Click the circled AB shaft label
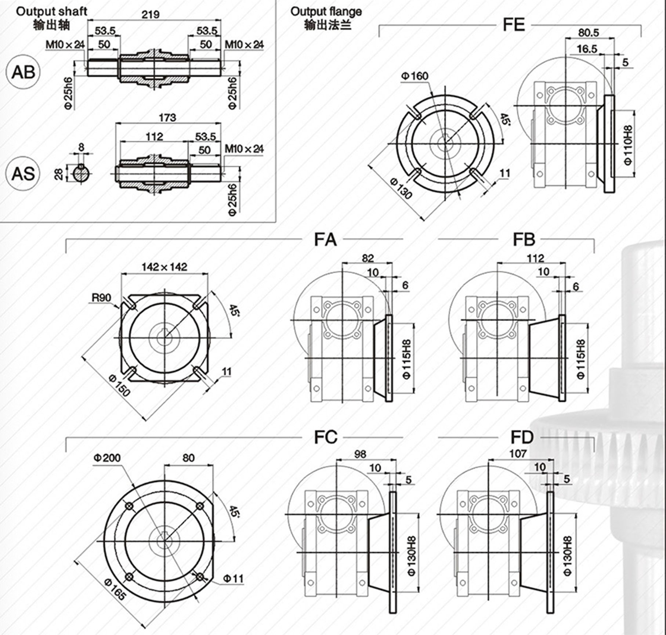pos(23,72)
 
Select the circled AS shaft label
pos(23,173)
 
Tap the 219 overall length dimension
pos(151,14)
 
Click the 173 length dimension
pos(167,118)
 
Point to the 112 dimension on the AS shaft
pos(154,137)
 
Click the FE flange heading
pos(514,25)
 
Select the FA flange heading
pos(325,239)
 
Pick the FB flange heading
pos(524,239)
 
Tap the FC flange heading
pos(326,437)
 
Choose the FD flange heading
pos(522,437)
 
